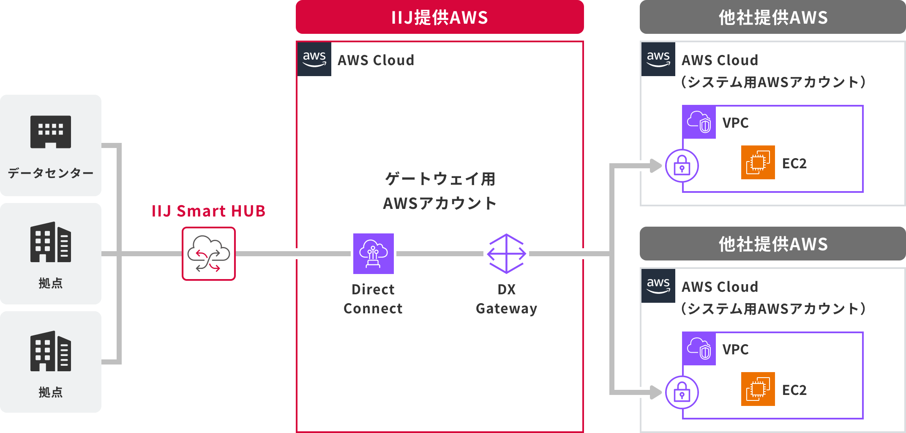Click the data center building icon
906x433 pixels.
point(51,132)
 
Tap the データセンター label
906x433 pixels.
point(51,173)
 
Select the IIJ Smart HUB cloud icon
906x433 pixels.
point(209,254)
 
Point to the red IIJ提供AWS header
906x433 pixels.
point(439,17)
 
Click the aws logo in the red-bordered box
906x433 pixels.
point(314,59)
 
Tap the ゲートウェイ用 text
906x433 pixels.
point(440,179)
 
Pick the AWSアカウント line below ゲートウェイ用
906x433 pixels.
point(440,203)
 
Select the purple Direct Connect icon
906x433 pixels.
point(374,254)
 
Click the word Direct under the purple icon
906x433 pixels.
point(373,290)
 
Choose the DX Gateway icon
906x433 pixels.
point(506,254)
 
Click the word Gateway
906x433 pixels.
point(506,309)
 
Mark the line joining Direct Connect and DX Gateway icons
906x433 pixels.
point(439,254)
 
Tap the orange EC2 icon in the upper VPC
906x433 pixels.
point(758,162)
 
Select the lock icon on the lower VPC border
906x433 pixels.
point(682,392)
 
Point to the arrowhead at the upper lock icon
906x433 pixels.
point(655,166)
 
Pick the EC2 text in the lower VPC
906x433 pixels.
point(794,390)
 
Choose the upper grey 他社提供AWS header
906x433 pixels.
point(772,17)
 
